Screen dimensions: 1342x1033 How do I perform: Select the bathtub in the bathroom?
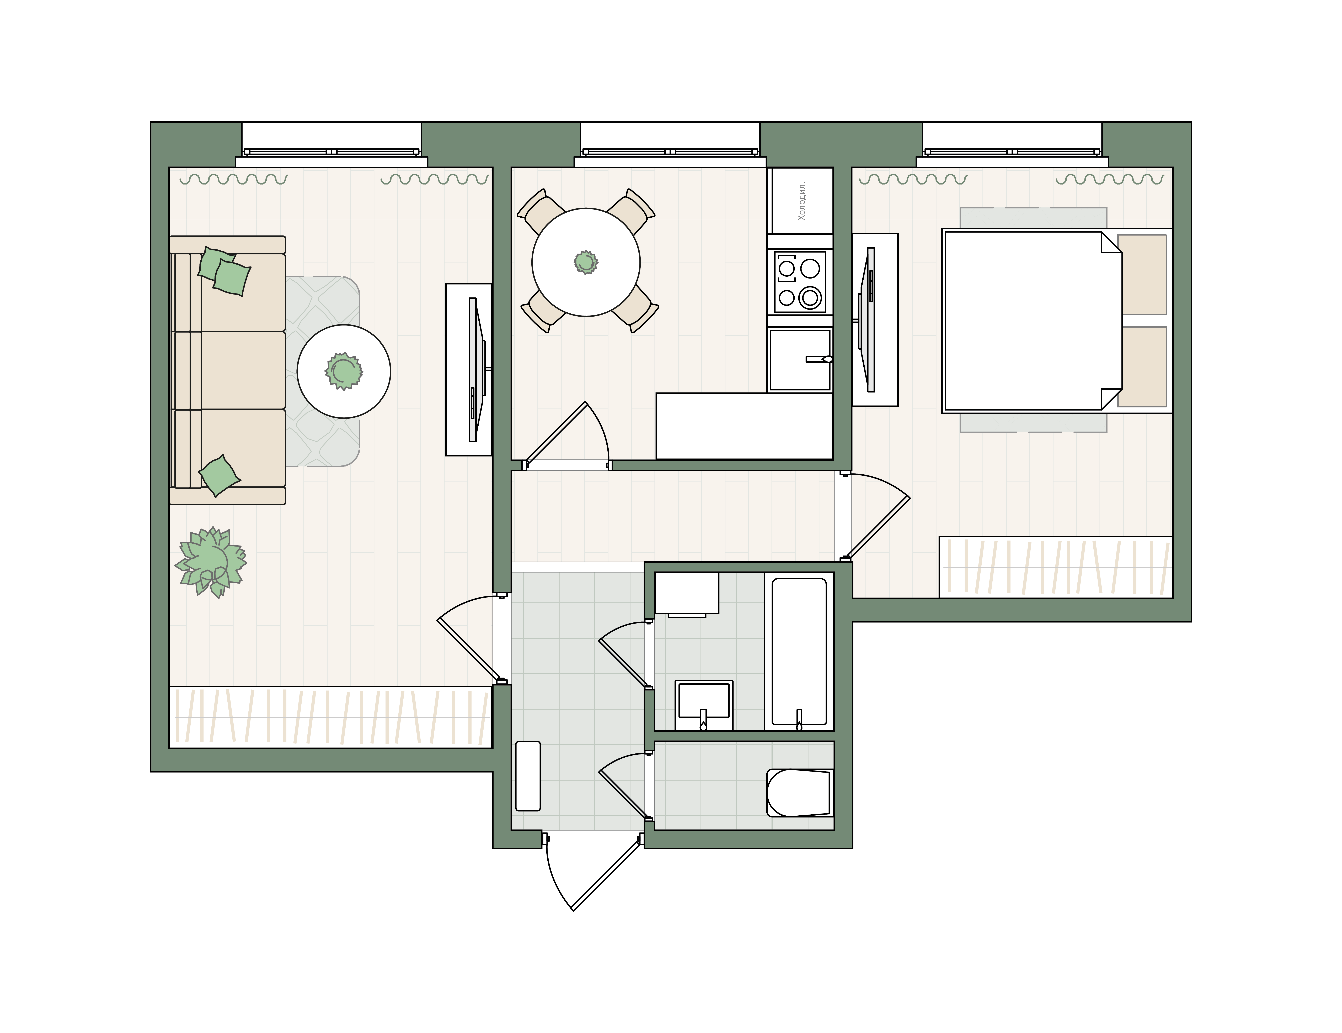click(x=799, y=652)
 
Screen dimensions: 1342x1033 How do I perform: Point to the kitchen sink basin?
click(x=799, y=360)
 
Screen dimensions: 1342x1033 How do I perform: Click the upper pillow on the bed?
click(x=1142, y=274)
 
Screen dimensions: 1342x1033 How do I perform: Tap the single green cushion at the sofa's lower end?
click(x=219, y=475)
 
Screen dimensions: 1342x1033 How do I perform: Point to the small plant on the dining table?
click(x=586, y=262)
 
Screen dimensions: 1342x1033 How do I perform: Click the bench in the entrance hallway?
click(x=528, y=776)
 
